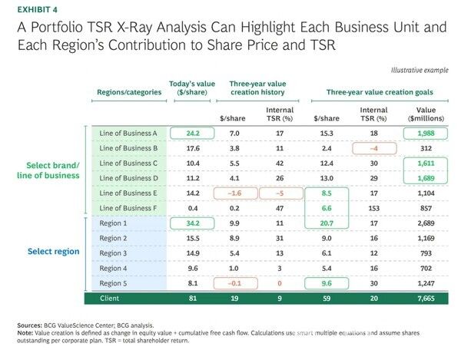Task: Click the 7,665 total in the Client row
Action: pos(425,297)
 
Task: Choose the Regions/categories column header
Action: pos(129,91)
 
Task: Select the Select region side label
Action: pos(53,251)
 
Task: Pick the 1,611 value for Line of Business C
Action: pos(426,163)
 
